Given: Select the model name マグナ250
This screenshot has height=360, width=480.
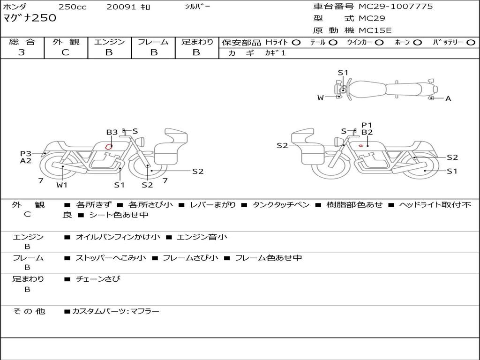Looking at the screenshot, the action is coord(30,18).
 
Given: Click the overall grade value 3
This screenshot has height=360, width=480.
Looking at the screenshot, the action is coord(22,52).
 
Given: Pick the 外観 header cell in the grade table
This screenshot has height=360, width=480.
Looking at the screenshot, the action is coord(66,42).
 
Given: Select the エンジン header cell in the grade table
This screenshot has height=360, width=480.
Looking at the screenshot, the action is coord(109,42).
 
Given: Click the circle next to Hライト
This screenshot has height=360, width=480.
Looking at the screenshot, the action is coord(296,42).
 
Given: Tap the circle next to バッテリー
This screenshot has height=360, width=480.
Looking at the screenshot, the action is coord(471,42).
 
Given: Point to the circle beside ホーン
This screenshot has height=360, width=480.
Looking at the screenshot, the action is coord(417,42).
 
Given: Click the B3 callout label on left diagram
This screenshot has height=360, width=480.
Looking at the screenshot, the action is coord(112,133).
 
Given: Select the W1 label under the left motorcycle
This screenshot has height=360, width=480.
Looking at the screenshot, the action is coord(62,185).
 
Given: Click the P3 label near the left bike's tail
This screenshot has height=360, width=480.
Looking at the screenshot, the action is coord(25,153).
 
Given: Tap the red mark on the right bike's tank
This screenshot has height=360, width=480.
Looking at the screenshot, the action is coord(360,146).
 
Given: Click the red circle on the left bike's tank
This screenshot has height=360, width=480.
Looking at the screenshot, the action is coord(109,146).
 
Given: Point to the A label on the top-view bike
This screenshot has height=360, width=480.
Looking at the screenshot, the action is coord(448,98).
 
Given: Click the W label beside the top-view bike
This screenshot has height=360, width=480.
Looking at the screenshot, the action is coord(321,97).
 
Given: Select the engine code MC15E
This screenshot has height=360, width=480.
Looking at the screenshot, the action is coord(375,30).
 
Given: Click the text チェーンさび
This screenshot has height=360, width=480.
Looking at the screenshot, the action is coord(98,279).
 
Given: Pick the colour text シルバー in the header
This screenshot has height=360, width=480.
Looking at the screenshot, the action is coord(198,7).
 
